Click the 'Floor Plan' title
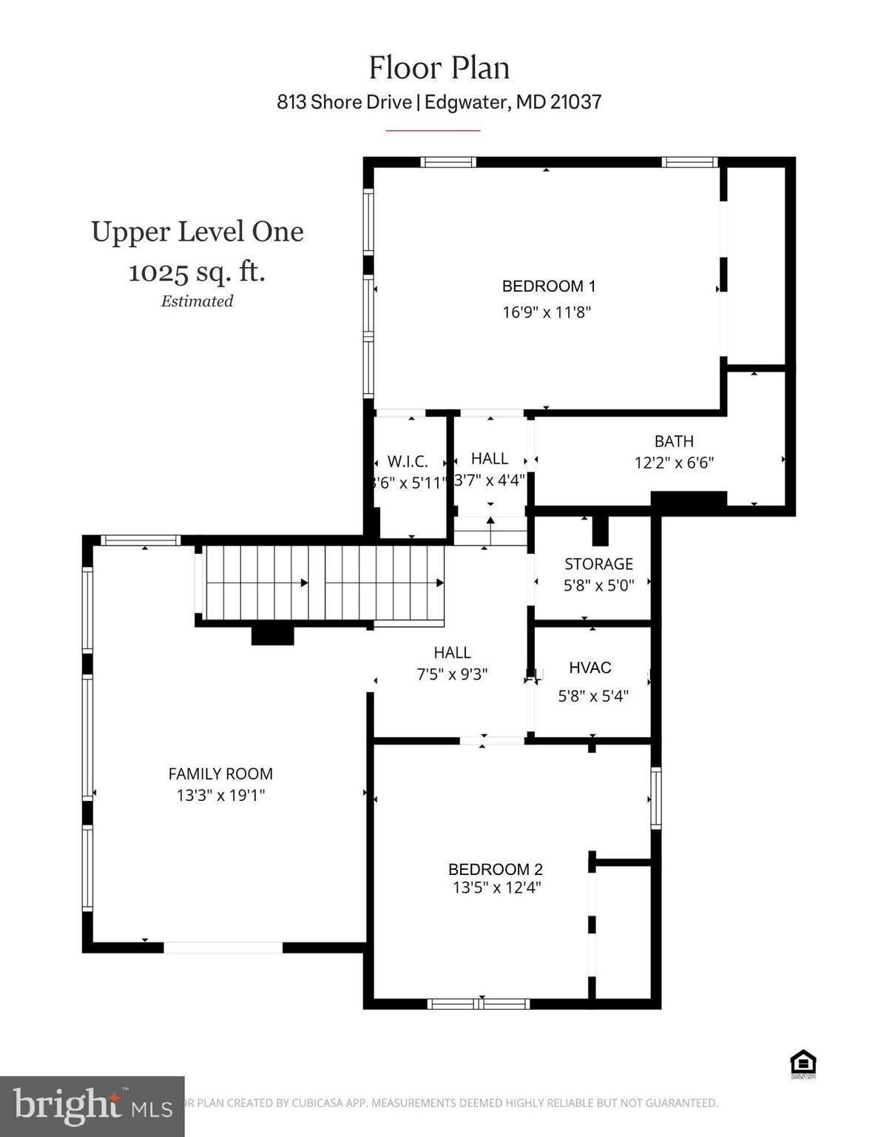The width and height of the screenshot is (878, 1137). coord(439,68)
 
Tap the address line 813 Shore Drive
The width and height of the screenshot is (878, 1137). coord(439,101)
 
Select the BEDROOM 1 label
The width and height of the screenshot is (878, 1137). coord(548,286)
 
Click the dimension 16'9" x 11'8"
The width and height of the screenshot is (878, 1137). coord(547,312)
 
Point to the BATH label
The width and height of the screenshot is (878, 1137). coord(674,441)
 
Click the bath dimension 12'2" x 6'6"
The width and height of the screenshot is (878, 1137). coord(674,463)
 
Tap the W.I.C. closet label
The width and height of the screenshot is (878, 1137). coord(408,462)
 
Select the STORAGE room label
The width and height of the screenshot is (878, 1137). coord(598,564)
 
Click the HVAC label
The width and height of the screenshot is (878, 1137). coord(590,668)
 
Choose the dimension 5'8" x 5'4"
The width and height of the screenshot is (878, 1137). coord(592,696)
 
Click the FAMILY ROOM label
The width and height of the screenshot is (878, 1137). coord(220,774)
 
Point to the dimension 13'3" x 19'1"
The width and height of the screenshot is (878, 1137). coord(220,796)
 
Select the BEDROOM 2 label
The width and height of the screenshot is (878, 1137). coord(496,869)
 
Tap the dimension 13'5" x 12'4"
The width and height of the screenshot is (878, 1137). coord(496,888)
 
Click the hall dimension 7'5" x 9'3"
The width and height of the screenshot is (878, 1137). coord(452,674)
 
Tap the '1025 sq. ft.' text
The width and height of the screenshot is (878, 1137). coord(197,272)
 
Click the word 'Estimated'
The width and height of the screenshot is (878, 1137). coord(197,301)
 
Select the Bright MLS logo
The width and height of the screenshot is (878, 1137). coord(92,1106)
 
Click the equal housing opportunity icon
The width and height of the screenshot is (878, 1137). coord(803,1064)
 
